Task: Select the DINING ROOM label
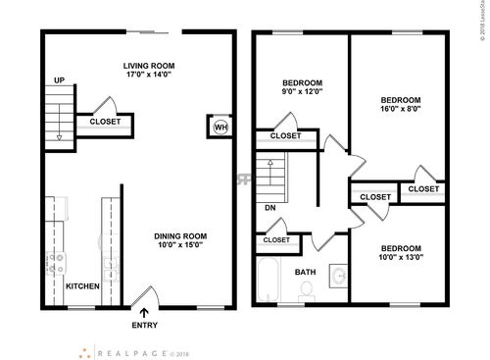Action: point(182,235)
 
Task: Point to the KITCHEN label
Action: point(82,286)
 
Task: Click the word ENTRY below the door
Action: point(144,326)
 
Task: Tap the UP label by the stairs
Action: point(59,81)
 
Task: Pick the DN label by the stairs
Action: point(269,208)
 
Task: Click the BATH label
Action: point(305,272)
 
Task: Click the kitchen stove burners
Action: point(56,262)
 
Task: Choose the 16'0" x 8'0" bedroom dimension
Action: point(400,112)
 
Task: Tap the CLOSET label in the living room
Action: point(105,122)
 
